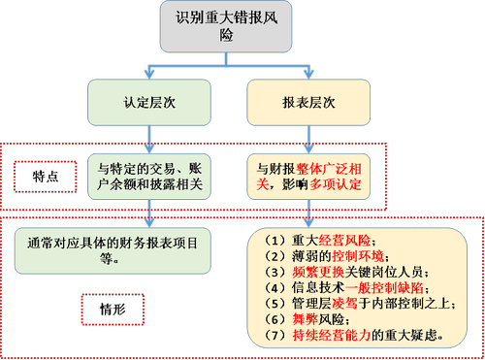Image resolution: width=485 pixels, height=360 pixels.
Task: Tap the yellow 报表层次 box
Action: (309, 100)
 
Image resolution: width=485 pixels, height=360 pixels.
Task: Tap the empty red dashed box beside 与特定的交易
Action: (46, 178)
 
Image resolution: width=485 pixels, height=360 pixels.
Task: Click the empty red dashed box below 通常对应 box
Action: (111, 309)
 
